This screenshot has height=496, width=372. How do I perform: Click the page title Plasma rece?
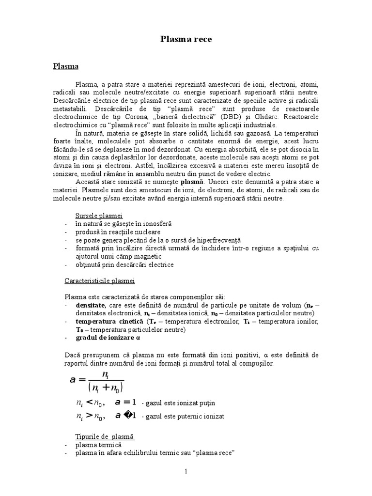(x=186, y=39)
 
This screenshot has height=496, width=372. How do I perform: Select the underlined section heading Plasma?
(x=66, y=66)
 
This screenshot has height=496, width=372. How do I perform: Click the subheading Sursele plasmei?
(x=99, y=216)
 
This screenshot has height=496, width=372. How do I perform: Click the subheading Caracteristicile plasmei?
(x=100, y=281)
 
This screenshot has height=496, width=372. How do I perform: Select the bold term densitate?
(x=91, y=306)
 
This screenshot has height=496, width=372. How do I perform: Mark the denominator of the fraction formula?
(x=106, y=387)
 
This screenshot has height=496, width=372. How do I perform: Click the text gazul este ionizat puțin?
(x=178, y=403)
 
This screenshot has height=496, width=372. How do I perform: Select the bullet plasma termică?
(x=98, y=445)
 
